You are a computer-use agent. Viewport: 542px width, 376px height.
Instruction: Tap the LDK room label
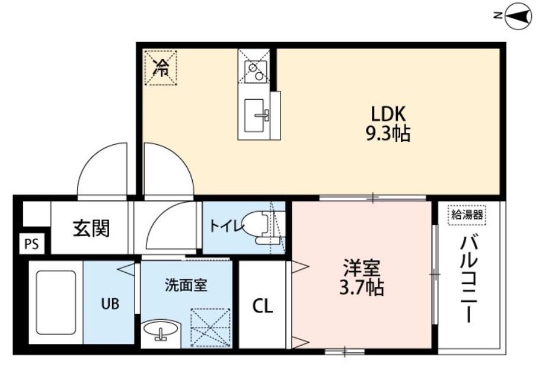pyautogui.click(x=388, y=113)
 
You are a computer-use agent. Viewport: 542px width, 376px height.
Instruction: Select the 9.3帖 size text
pyautogui.click(x=388, y=133)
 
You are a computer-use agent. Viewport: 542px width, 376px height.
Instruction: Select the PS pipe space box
pyautogui.click(x=31, y=243)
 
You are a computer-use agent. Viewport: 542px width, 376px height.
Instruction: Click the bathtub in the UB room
pyautogui.click(x=56, y=302)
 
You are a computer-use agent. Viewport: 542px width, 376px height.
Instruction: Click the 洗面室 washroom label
pyautogui.click(x=185, y=285)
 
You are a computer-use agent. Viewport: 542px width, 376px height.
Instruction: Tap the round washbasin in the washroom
pyautogui.click(x=161, y=329)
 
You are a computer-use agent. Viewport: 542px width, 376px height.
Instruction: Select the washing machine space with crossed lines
pyautogui.click(x=210, y=327)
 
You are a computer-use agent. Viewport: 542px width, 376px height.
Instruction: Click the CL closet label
pyautogui.click(x=262, y=305)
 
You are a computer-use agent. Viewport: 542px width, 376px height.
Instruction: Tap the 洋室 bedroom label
pyautogui.click(x=362, y=268)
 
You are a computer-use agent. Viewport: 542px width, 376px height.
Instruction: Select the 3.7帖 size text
pyautogui.click(x=362, y=289)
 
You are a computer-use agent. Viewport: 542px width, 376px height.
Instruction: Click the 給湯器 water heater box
pyautogui.click(x=467, y=215)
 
